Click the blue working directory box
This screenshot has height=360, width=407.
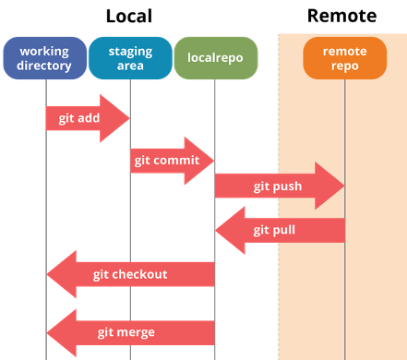45,58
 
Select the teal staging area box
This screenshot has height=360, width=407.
130,58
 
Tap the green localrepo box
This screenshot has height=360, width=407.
215,58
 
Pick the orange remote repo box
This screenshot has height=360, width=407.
344,58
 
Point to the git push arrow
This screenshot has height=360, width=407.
277,186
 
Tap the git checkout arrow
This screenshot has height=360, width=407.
129,274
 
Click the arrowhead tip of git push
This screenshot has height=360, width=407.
342,186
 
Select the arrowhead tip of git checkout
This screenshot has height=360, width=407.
48,274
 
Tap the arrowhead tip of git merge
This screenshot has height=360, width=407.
48,332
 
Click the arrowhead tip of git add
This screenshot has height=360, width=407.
128,118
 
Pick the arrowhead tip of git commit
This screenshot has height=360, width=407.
213,161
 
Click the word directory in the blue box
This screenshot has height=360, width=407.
44,66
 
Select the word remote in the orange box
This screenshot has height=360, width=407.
344,51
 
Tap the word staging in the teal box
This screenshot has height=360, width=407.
130,51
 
